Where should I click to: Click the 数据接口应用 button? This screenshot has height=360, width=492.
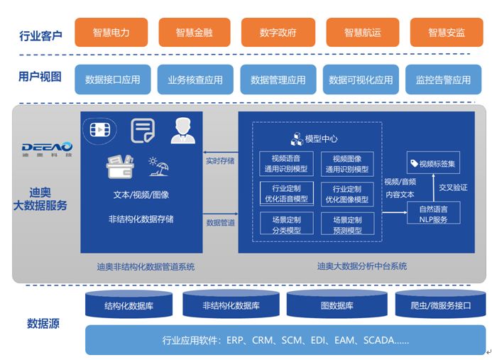112,80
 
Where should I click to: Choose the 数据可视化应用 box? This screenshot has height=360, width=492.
361,80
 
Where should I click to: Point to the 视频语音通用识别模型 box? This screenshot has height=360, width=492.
286,164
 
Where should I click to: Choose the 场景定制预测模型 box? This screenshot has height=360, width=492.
347,224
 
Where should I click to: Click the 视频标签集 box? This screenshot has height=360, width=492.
432,163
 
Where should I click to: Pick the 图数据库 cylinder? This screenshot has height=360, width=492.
337,305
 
